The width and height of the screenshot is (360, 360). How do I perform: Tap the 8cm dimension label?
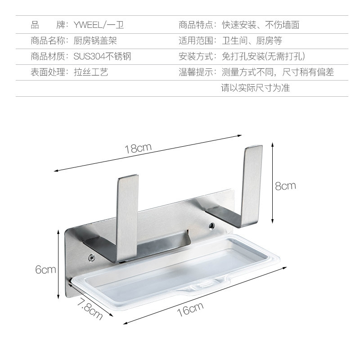285,185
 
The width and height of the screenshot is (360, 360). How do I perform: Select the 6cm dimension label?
45,270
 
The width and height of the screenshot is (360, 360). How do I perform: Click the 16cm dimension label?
190,310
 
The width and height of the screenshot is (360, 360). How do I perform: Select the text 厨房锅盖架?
95,40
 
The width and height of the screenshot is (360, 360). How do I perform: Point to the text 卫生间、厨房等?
252,40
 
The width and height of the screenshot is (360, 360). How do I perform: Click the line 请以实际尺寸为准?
255,88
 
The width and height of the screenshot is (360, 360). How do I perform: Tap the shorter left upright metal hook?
128,216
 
